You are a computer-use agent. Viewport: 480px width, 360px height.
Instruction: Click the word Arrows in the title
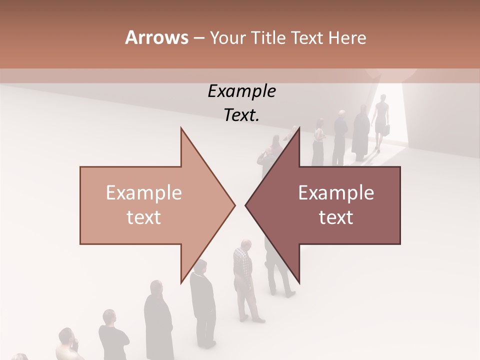[156, 37]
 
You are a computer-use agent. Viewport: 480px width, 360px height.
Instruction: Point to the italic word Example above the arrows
[241, 91]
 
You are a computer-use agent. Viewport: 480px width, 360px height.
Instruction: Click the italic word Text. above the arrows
[241, 115]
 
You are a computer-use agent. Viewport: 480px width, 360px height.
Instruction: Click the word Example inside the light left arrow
[144, 193]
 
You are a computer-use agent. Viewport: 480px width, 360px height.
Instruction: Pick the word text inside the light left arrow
[144, 217]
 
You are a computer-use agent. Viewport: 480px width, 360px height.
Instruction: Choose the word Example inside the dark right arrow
[336, 193]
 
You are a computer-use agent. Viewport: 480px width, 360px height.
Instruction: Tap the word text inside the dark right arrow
[336, 217]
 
